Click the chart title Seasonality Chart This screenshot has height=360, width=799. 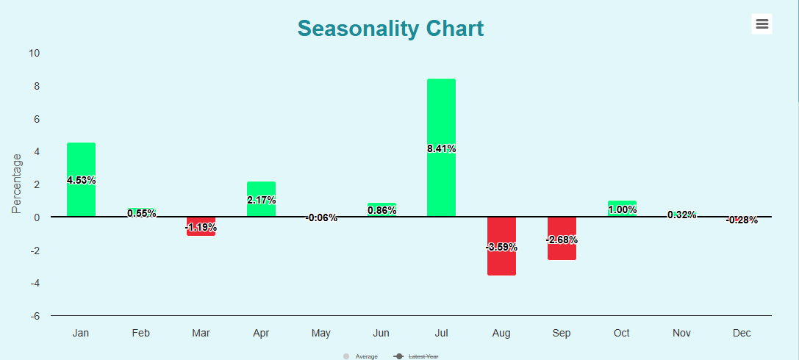click(390, 29)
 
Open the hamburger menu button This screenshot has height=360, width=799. click(762, 24)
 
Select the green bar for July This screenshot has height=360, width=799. click(441, 110)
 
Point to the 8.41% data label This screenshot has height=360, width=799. click(441, 148)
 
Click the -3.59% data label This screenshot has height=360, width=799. click(501, 247)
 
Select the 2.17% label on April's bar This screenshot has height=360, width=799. click(261, 200)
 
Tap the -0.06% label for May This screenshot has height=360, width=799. click(321, 217)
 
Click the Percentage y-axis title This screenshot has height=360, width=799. click(17, 184)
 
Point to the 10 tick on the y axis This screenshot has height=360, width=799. click(34, 53)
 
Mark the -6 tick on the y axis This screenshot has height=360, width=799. click(34, 316)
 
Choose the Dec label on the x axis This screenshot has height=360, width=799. click(742, 334)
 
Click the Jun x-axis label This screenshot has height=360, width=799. click(381, 334)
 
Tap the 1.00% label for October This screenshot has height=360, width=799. click(622, 209)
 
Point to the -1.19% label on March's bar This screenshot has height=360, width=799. click(201, 227)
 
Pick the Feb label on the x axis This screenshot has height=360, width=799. click(141, 334)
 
